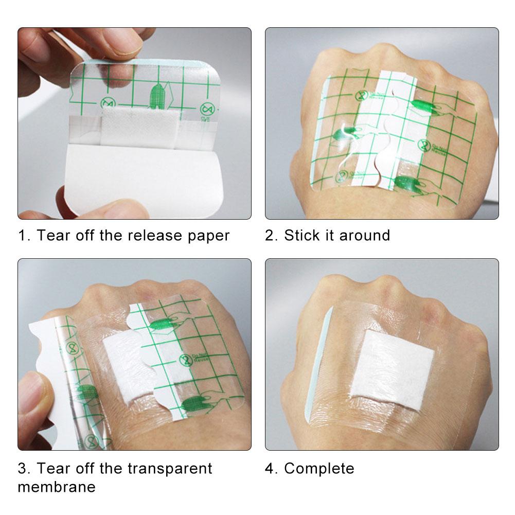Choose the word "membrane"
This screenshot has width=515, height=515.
57,487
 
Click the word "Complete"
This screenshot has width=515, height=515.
319,469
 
